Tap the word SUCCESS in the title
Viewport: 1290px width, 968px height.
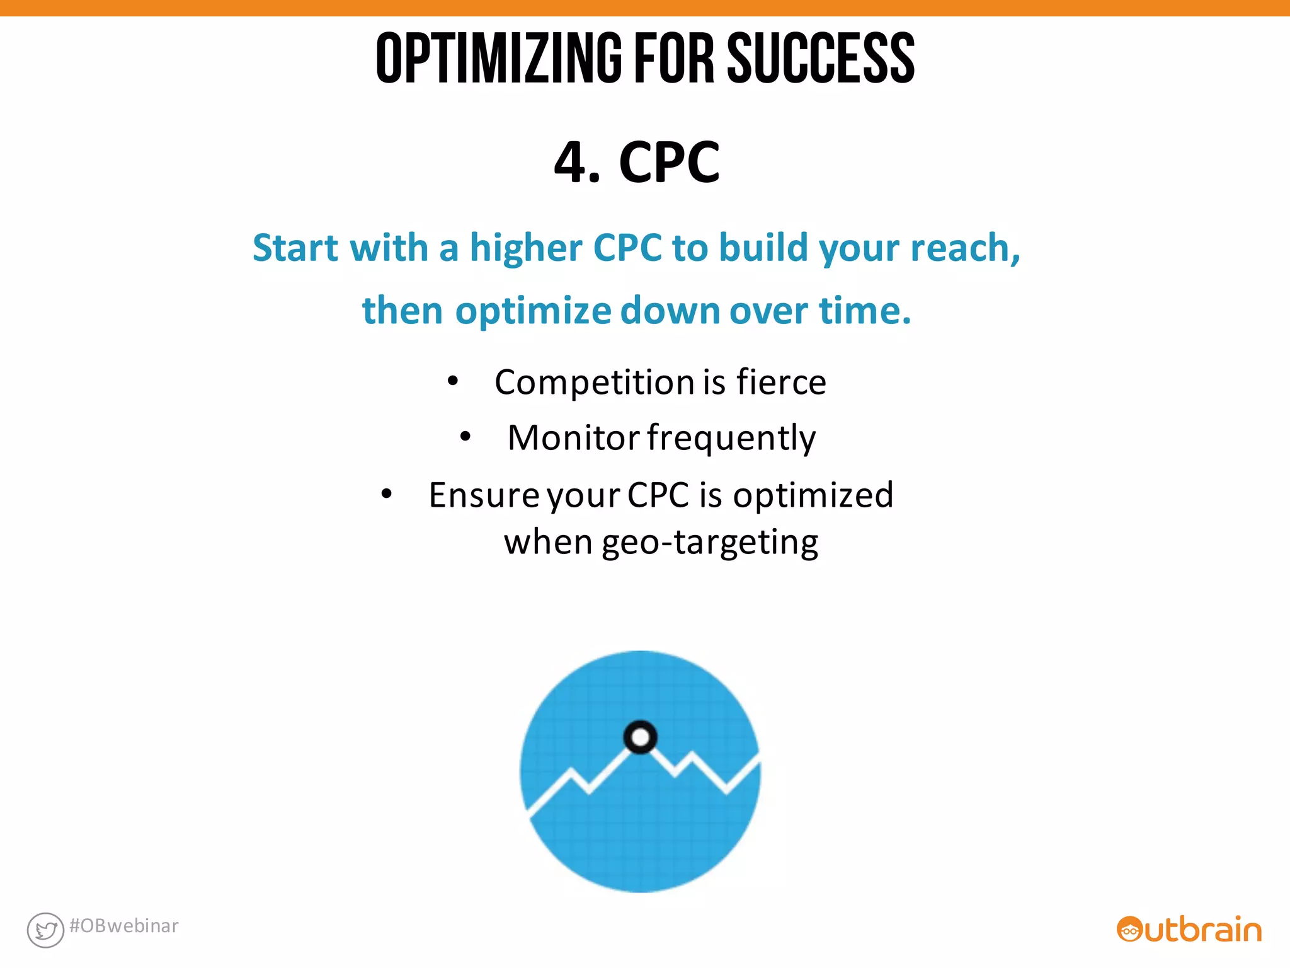click(x=821, y=58)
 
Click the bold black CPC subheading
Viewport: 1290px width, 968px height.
click(x=669, y=163)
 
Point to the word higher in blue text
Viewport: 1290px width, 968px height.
click(x=525, y=248)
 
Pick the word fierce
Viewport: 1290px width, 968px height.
click(x=781, y=383)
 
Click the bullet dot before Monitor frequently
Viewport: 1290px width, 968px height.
click(x=465, y=436)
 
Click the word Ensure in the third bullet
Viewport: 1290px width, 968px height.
click(x=484, y=495)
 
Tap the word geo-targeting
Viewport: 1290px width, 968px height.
click(x=710, y=543)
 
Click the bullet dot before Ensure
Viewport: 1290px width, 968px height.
click(x=386, y=493)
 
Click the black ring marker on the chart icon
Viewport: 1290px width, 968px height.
click(x=640, y=737)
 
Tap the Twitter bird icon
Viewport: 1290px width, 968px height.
click(x=45, y=930)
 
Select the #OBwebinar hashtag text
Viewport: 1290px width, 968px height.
click(x=124, y=926)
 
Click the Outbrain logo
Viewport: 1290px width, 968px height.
click(x=1189, y=930)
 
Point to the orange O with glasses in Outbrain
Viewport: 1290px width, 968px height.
click(x=1130, y=930)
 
